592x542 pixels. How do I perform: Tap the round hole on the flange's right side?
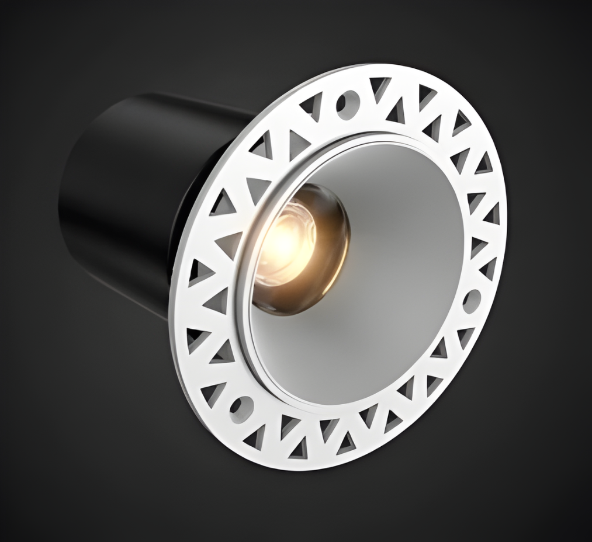472,301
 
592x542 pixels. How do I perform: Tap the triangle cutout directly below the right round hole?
465,335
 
